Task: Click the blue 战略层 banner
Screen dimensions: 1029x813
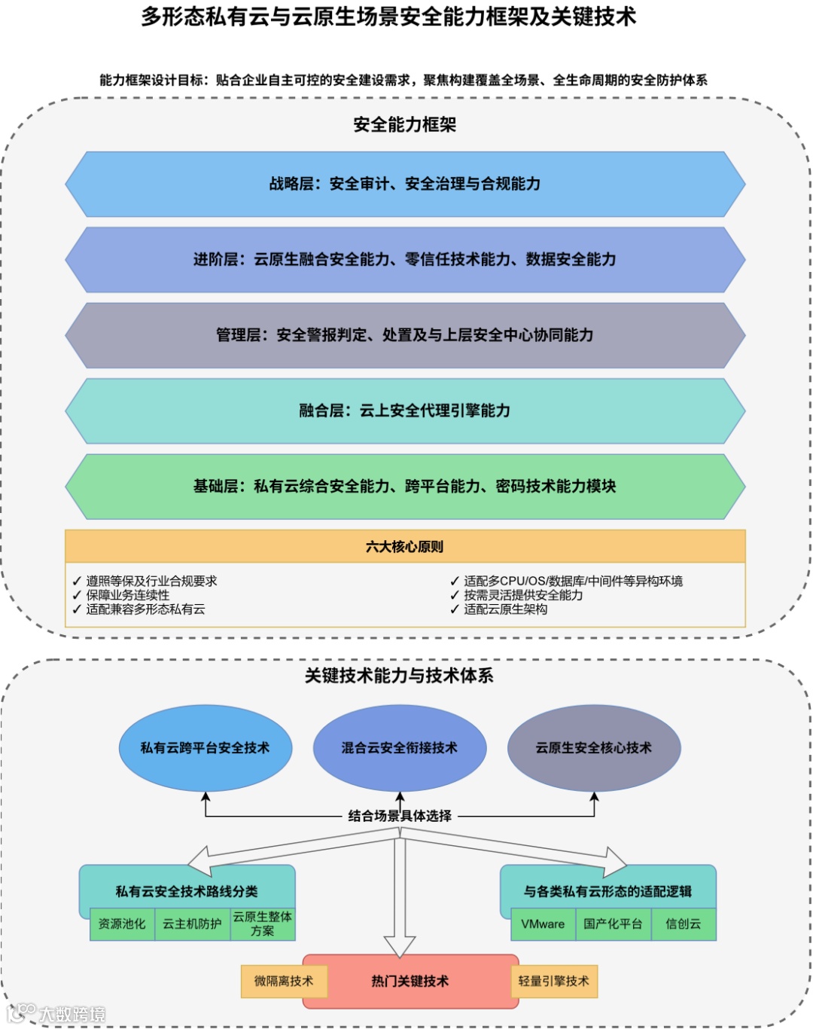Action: click(405, 185)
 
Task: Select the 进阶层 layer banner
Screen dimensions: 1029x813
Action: click(405, 260)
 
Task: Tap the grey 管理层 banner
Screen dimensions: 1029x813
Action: click(405, 335)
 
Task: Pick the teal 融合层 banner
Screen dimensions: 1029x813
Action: click(405, 411)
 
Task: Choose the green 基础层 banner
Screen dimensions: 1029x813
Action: click(405, 487)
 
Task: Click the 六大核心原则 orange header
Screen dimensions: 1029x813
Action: click(405, 547)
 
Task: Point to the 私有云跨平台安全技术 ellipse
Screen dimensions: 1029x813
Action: click(205, 748)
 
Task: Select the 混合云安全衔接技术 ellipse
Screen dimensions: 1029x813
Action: click(399, 748)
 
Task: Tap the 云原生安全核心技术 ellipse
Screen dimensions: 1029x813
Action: click(594, 748)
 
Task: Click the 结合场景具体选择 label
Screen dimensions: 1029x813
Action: click(400, 816)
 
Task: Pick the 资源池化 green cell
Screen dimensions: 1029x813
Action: click(122, 924)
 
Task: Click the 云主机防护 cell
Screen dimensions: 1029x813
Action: click(192, 924)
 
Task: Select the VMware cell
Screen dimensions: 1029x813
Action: click(543, 924)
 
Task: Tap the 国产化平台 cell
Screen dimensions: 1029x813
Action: click(613, 924)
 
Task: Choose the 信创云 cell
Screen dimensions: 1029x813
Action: click(683, 924)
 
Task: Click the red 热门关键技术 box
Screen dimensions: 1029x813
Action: click(410, 981)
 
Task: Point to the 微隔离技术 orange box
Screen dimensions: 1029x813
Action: click(284, 981)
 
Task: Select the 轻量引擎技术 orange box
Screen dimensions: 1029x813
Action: click(554, 981)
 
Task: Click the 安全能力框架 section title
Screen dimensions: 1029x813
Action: click(405, 125)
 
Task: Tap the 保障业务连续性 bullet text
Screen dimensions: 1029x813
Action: click(128, 595)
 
